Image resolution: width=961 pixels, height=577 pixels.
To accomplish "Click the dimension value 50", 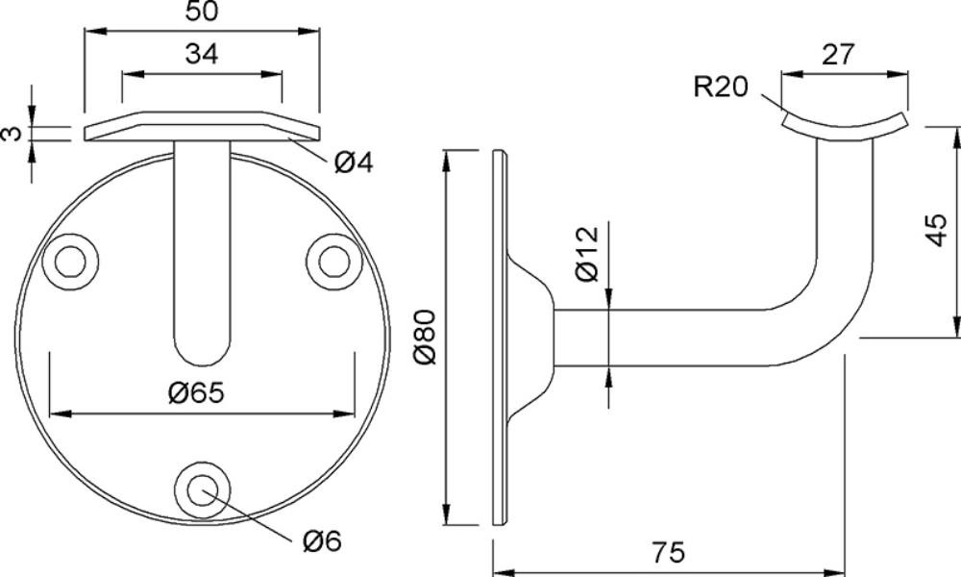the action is pyautogui.click(x=202, y=11).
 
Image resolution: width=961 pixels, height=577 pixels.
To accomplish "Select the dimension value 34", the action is pyautogui.click(x=202, y=54).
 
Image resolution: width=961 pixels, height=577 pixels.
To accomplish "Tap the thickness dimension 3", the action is pyautogui.click(x=11, y=133).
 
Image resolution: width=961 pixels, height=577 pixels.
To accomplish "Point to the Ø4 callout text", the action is pyautogui.click(x=354, y=163).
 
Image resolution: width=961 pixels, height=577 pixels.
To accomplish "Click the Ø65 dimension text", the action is pyautogui.click(x=196, y=392).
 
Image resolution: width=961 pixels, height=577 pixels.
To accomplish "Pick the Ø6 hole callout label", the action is pyautogui.click(x=322, y=540).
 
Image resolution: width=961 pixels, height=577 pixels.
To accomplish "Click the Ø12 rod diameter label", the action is pyautogui.click(x=587, y=254).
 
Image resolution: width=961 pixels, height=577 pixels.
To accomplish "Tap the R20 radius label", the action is pyautogui.click(x=721, y=87).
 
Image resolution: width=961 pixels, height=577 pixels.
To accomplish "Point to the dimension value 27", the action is pyautogui.click(x=837, y=54).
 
